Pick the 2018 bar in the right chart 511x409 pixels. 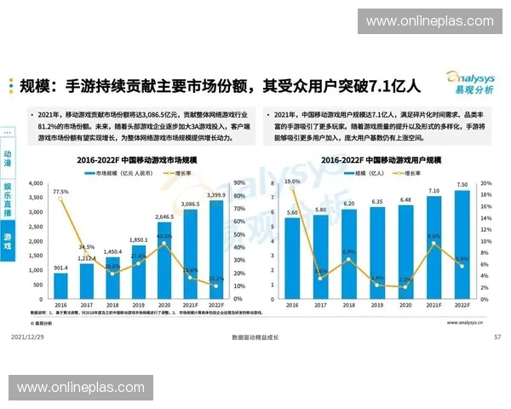pos(350,253)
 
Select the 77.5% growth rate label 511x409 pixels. pos(60,192)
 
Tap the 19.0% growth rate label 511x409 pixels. pos(292,181)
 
